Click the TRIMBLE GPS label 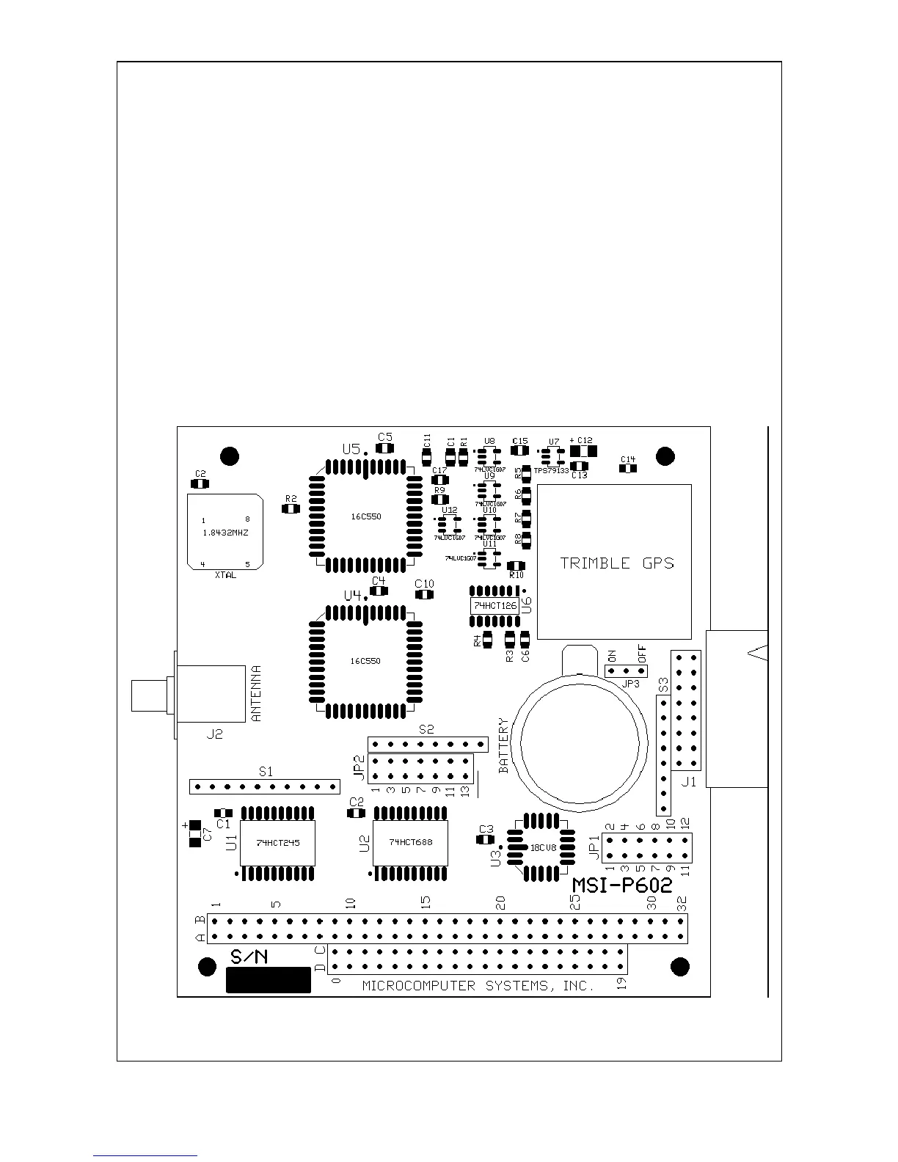tap(616, 563)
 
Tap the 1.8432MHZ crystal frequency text tap(225, 533)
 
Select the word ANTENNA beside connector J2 tap(256, 693)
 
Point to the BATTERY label tap(504, 745)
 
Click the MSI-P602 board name tap(622, 885)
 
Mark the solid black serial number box tap(268, 979)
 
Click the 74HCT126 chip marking tap(495, 606)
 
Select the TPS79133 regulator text tap(551, 470)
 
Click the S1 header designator tap(266, 772)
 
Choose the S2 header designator tap(426, 730)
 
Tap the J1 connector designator tap(688, 782)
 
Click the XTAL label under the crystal tap(225, 576)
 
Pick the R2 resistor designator tap(291, 498)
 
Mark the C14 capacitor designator tap(628, 460)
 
